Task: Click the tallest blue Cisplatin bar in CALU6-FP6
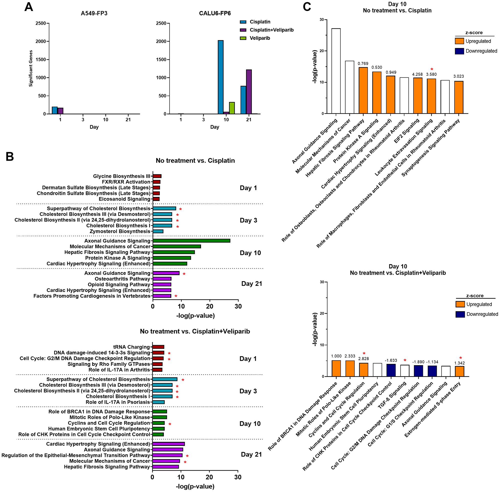tap(220, 77)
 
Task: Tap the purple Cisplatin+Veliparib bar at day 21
tap(249, 92)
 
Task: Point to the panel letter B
tap(9, 157)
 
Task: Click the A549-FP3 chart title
tap(94, 13)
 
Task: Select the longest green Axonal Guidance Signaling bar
tap(191, 241)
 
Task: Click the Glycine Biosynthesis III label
tap(121, 176)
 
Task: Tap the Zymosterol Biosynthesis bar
tap(158, 231)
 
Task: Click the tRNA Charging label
tap(131, 347)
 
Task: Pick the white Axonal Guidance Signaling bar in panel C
tap(336, 71)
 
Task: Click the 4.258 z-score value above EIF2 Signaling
tap(417, 74)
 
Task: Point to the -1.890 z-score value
tap(418, 362)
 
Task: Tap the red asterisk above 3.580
tap(431, 69)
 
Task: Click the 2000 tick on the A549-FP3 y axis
tap(40, 41)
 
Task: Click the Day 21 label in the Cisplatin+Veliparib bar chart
tap(251, 454)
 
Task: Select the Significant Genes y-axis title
tap(31, 68)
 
